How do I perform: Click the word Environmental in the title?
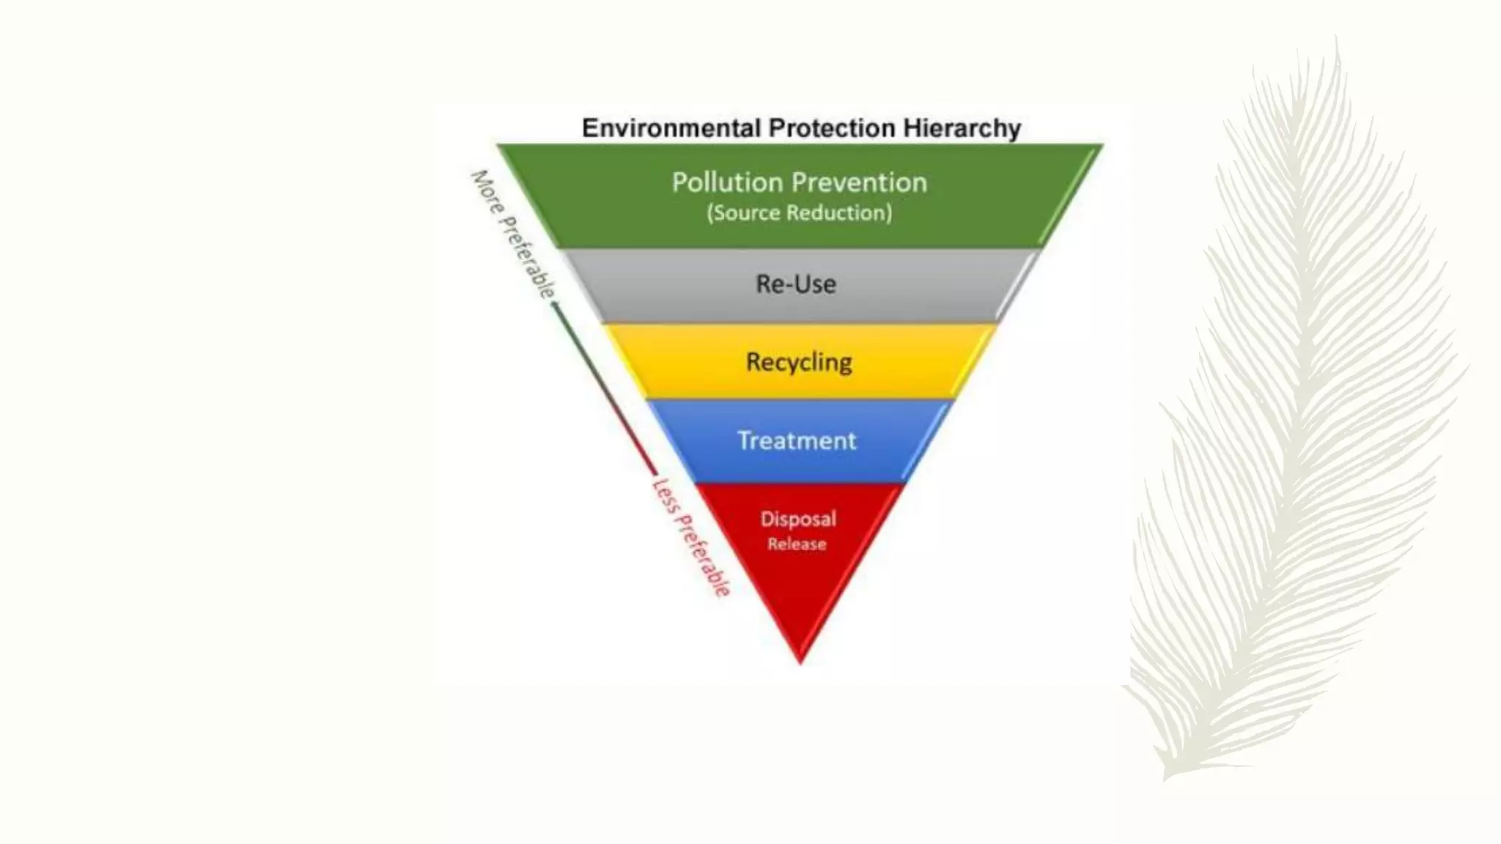click(671, 128)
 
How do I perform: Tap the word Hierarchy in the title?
click(962, 128)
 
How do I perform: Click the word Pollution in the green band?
click(727, 182)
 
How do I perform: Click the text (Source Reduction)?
click(799, 213)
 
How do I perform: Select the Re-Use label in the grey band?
click(796, 284)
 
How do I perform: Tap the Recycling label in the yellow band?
click(799, 362)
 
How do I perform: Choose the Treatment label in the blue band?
click(797, 440)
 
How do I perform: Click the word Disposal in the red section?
click(798, 519)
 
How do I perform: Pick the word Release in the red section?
click(797, 544)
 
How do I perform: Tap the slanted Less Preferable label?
click(691, 537)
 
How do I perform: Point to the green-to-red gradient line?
click(605, 388)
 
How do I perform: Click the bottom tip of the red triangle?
click(800, 661)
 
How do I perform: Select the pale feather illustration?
click(1297, 410)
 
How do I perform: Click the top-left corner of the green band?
click(501, 147)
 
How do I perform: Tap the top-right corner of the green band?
click(1100, 147)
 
